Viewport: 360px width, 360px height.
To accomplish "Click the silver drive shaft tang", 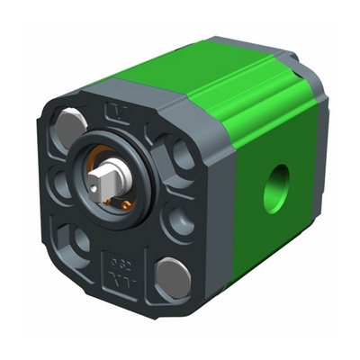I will pos(107,175).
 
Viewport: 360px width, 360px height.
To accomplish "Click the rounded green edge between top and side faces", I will pos(270,108).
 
